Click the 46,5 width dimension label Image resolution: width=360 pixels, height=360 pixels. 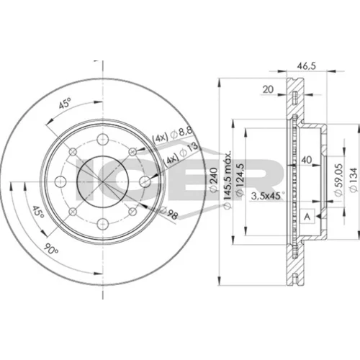[x=307, y=66]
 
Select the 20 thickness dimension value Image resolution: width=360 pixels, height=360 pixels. [x=268, y=89]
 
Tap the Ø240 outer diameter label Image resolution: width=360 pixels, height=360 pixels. [x=214, y=180]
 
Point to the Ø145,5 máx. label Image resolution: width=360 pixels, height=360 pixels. [x=228, y=179]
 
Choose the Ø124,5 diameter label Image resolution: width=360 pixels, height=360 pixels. [x=240, y=180]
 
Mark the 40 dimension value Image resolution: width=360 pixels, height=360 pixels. [x=307, y=160]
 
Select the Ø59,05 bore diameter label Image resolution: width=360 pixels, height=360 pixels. [x=339, y=180]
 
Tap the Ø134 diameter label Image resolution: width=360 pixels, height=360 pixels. [x=354, y=180]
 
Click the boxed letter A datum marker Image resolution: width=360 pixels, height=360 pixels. [x=307, y=217]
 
